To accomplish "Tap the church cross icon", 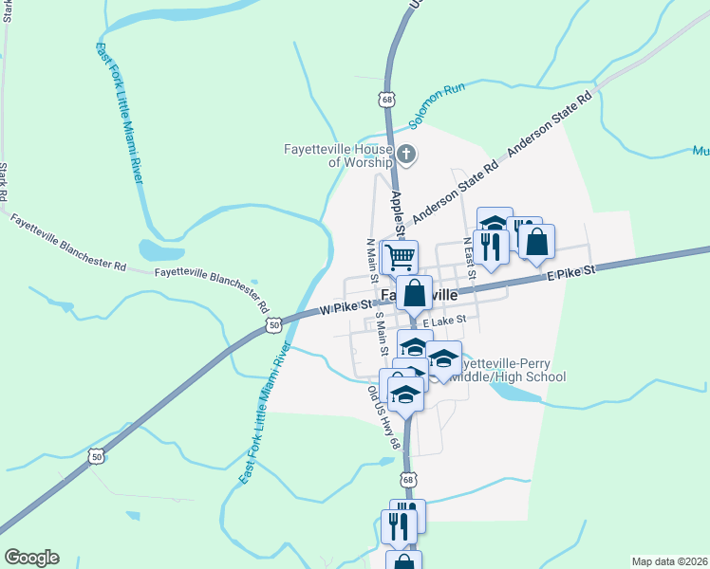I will (x=406, y=154).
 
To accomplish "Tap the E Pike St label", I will (x=570, y=272).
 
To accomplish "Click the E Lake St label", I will (x=446, y=322).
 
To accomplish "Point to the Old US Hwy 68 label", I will (x=384, y=416).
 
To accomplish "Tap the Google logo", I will (x=31, y=558).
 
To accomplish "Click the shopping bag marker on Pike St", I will (x=415, y=293).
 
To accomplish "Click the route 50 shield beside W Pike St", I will (x=274, y=324).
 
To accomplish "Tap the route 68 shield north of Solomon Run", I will (x=386, y=99).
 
